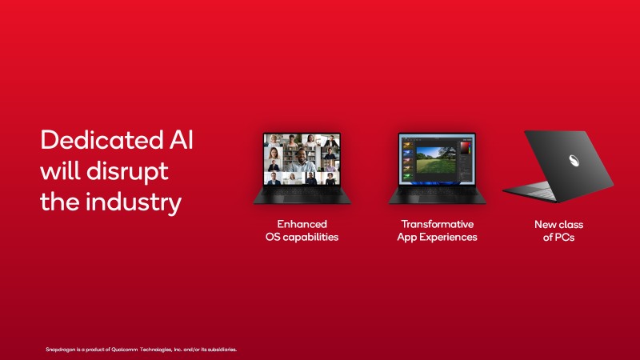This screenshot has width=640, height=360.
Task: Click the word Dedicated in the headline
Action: tap(102, 140)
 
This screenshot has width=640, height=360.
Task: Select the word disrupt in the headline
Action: tap(127, 172)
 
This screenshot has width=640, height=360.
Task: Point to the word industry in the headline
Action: tap(134, 203)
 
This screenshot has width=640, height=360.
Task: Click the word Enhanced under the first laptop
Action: tap(302, 224)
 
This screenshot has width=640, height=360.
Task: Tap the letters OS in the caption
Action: tap(273, 237)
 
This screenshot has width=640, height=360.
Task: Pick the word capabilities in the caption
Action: tap(310, 238)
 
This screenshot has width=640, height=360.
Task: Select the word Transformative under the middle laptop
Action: tap(437, 224)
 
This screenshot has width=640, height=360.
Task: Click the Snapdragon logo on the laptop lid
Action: tap(574, 161)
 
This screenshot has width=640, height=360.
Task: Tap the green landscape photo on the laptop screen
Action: tap(436, 160)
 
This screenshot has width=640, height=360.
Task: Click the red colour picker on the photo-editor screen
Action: tap(466, 147)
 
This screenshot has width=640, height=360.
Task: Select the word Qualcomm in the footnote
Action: tap(125, 350)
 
